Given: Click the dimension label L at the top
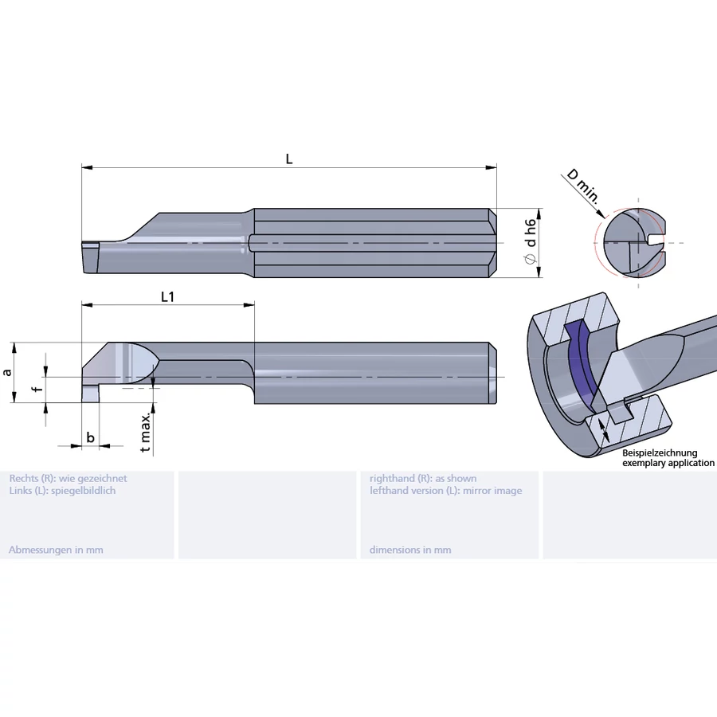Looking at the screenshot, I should tap(289, 159).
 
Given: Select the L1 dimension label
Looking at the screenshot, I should tap(167, 296).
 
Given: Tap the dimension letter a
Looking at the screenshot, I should tap(7, 372).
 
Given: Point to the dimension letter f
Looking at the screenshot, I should tap(33, 390).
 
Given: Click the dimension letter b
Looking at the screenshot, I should tap(90, 437).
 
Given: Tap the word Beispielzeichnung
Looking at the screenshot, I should tap(660, 453).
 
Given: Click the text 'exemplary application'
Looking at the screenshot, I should tap(668, 463).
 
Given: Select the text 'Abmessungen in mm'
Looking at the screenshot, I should tap(56, 550).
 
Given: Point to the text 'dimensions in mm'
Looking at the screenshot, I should tap(410, 550).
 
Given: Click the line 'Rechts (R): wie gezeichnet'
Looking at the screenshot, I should tap(68, 478).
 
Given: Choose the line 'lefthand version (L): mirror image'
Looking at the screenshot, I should tap(445, 491).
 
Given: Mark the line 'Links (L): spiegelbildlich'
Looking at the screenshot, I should tap(62, 491).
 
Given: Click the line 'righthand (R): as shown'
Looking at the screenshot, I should tap(423, 478).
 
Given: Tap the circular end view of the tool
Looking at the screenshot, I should tap(633, 242).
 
